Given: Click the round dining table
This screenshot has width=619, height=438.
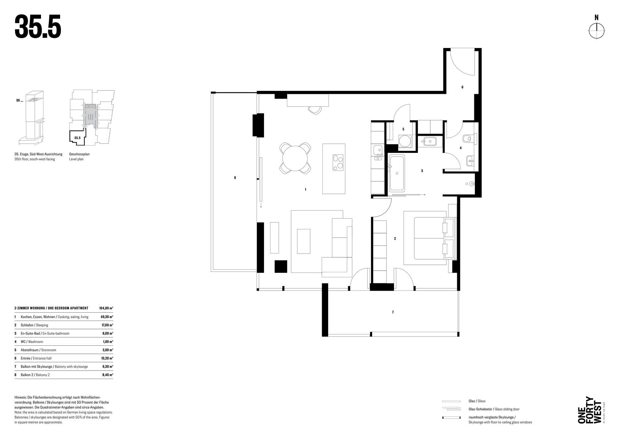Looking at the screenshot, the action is (x=295, y=158).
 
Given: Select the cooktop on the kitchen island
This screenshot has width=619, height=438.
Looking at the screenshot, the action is (x=338, y=163).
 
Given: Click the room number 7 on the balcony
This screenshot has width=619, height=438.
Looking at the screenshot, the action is (x=393, y=312).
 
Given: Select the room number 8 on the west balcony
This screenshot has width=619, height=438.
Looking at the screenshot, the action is (x=235, y=178).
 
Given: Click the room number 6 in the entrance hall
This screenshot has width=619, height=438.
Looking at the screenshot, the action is (x=462, y=87).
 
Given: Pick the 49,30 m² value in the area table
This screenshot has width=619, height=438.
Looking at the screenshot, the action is (x=107, y=317).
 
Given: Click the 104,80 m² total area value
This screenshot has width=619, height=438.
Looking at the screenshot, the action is (x=106, y=308).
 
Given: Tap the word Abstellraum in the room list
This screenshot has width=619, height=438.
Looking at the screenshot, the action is (x=30, y=350).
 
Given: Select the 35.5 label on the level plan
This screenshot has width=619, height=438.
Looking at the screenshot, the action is (x=77, y=138).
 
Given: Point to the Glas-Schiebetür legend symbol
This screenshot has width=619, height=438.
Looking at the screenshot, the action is (x=451, y=409).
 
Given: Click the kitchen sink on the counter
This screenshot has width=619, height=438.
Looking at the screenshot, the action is (x=378, y=150).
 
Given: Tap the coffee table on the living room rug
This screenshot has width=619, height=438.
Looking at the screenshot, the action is (x=303, y=241).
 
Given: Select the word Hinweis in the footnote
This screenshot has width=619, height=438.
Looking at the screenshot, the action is (x=20, y=397).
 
